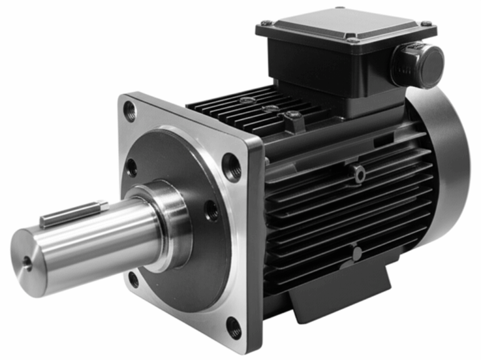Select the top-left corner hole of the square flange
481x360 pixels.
[x=130, y=112]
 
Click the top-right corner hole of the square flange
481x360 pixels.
[x=232, y=167]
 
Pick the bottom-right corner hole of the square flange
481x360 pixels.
[x=233, y=327]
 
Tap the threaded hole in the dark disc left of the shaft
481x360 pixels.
[x=132, y=167]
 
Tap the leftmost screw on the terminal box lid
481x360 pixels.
[x=266, y=23]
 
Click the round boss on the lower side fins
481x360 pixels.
[x=356, y=254]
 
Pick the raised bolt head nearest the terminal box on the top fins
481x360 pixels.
[x=292, y=116]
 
